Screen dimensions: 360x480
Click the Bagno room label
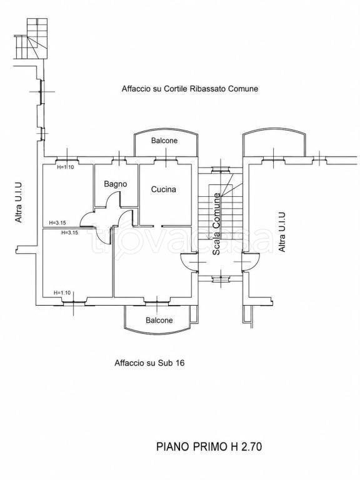pyautogui.click(x=116, y=184)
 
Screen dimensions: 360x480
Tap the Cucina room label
pyautogui.click(x=164, y=189)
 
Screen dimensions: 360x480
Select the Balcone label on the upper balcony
pyautogui.click(x=164, y=141)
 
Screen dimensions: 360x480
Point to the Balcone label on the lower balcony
pyautogui.click(x=159, y=320)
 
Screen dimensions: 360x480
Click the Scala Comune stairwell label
pyautogui.click(x=216, y=224)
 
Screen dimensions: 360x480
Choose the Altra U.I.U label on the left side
pyautogui.click(x=19, y=202)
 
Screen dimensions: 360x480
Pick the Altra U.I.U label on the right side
pyautogui.click(x=282, y=232)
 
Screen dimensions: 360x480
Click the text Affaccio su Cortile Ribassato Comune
pyautogui.click(x=190, y=89)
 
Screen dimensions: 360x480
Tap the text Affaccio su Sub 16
pyautogui.click(x=150, y=363)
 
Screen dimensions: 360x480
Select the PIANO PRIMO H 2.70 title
pyautogui.click(x=209, y=447)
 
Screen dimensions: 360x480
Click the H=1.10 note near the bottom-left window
pyautogui.click(x=62, y=292)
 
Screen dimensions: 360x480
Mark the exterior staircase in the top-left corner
pyautogui.click(x=31, y=39)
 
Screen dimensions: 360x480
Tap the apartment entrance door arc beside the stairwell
pyautogui.click(x=186, y=265)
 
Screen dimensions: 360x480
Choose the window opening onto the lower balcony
pyautogui.click(x=157, y=303)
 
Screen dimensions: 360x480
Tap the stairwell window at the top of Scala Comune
pyautogui.click(x=220, y=169)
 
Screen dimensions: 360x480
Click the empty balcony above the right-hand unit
pyautogui.click(x=274, y=142)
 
